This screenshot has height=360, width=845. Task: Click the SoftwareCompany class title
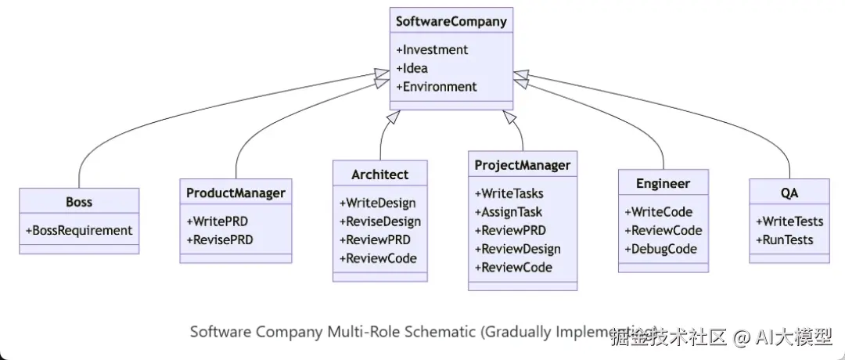tap(451, 21)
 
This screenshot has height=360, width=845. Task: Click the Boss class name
tap(79, 202)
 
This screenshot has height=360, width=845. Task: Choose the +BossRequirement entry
tap(79, 230)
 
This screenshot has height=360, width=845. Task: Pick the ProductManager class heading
tap(236, 192)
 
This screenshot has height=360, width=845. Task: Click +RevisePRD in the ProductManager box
tap(220, 239)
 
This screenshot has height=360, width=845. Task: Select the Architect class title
tap(379, 174)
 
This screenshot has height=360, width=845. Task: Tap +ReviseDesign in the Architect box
tap(379, 221)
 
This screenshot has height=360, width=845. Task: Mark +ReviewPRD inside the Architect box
tap(375, 240)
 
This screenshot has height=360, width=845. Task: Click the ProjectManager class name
tap(523, 165)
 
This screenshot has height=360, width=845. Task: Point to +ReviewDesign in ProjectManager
tap(517, 249)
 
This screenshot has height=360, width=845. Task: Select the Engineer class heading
tap(663, 183)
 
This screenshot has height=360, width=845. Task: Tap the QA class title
tap(789, 193)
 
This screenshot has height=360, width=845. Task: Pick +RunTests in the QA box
tap(784, 239)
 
